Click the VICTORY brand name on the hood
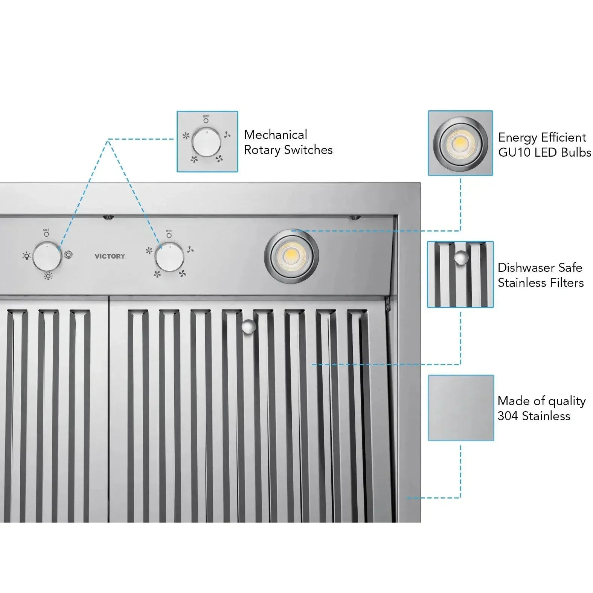pos(110,256)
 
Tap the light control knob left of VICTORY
pos(47,257)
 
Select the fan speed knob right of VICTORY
pos(169,258)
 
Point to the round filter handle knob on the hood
pos(248,326)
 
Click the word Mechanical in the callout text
pos(276,135)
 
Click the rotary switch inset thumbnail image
pos(207,142)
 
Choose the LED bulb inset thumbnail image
pos(460,143)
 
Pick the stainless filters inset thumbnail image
pos(460,274)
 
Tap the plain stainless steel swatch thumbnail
pos(460,408)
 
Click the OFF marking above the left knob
pos(46,230)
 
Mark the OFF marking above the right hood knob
pos(169,231)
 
